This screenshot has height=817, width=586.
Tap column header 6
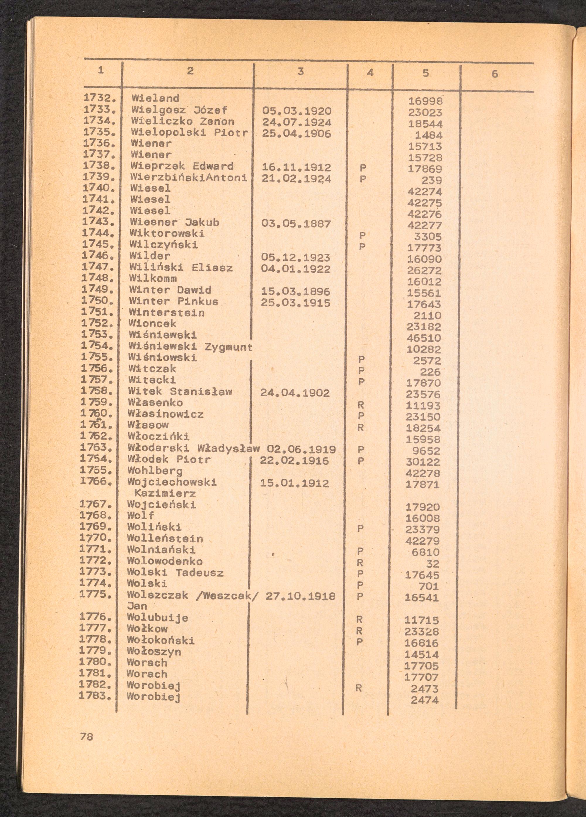pyautogui.click(x=495, y=74)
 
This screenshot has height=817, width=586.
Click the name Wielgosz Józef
pyautogui.click(x=179, y=110)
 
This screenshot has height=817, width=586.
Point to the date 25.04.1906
pyautogui.click(x=296, y=133)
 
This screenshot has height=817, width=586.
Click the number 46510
pyautogui.click(x=424, y=338)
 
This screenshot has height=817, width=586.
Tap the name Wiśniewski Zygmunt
pyautogui.click(x=190, y=347)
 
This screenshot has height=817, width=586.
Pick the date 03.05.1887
pyautogui.click(x=296, y=224)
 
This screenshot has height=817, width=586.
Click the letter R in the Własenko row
pyautogui.click(x=361, y=405)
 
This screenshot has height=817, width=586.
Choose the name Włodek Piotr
pyautogui.click(x=169, y=460)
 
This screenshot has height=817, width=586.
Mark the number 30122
pyautogui.click(x=423, y=462)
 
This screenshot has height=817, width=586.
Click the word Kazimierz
pyautogui.click(x=160, y=493)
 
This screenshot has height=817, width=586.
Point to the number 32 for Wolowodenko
pyautogui.click(x=432, y=563)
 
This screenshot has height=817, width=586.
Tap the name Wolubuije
pyautogui.click(x=157, y=618)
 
